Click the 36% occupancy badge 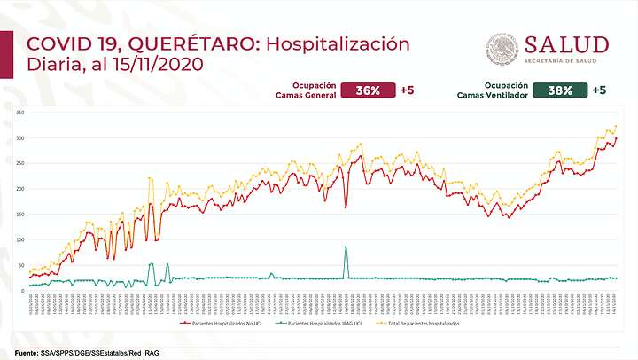pyautogui.click(x=369, y=90)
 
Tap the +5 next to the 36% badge pyautogui.click(x=407, y=90)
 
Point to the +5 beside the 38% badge pyautogui.click(x=599, y=90)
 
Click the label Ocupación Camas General pyautogui.click(x=307, y=90)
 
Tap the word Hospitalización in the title pyautogui.click(x=338, y=44)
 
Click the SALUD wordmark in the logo pyautogui.click(x=566, y=44)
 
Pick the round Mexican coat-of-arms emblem pyautogui.click(x=502, y=49)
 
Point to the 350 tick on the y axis pyautogui.click(x=19, y=113)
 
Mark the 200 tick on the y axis pyautogui.click(x=19, y=189)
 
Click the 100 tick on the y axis pyautogui.click(x=19, y=239)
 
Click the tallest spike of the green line pyautogui.click(x=346, y=247)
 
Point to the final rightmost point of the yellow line pyautogui.click(x=616, y=126)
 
